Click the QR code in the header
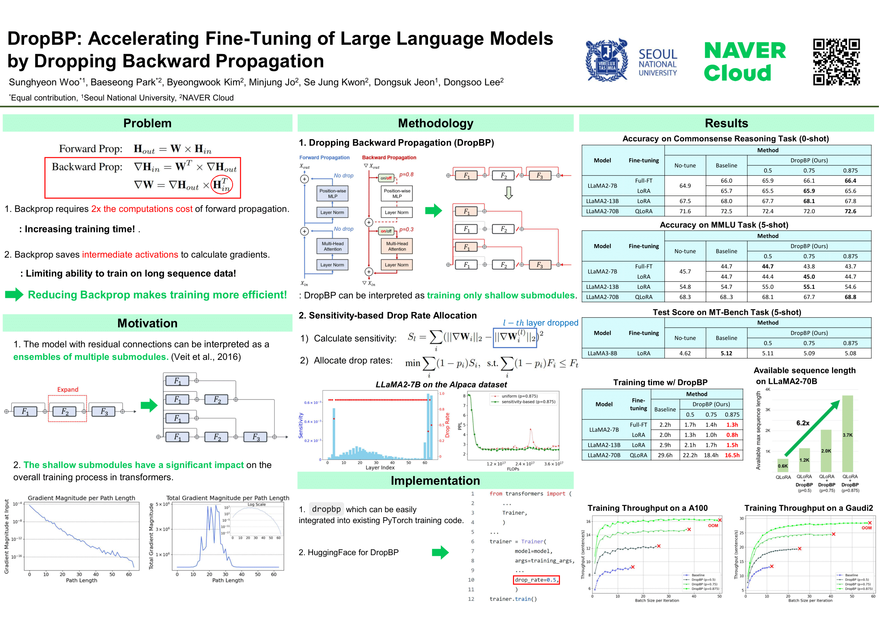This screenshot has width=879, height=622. tap(837, 62)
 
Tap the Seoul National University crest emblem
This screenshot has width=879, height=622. tap(607, 60)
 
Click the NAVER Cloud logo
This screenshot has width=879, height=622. tap(744, 62)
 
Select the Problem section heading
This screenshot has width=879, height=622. tap(147, 123)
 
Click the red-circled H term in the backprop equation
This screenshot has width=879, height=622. tap(222, 185)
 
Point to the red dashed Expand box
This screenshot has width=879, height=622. tap(67, 408)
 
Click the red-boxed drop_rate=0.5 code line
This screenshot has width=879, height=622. tap(536, 580)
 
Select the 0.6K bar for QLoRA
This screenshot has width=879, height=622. tap(782, 465)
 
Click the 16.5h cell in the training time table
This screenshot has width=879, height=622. tap(732, 455)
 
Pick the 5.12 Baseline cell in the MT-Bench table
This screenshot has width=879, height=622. tap(726, 353)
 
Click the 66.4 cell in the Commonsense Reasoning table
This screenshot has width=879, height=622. tap(850, 181)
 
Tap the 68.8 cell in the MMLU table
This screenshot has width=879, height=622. tap(850, 297)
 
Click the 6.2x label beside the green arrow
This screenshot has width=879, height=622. tap(803, 423)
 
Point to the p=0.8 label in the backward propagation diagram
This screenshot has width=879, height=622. tap(406, 174)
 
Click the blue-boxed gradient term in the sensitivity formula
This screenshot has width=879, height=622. tap(514, 337)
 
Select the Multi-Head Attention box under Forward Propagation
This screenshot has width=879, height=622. tap(332, 246)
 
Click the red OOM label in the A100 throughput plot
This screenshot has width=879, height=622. tap(713, 525)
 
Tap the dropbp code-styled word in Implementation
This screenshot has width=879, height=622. tap(326, 509)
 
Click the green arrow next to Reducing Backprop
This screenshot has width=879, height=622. tap(14, 294)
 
